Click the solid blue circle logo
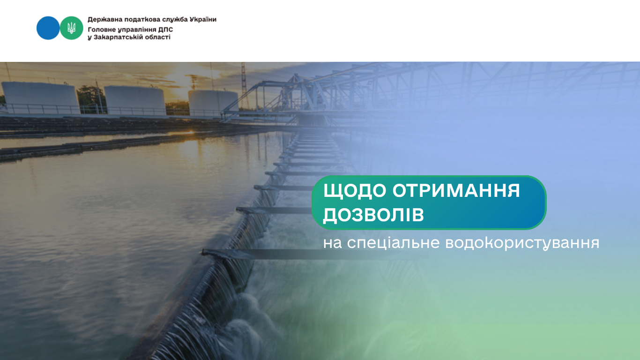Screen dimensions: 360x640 click(x=48, y=28)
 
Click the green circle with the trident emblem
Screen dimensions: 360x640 click(x=72, y=28)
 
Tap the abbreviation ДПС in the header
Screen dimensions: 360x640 click(x=165, y=29)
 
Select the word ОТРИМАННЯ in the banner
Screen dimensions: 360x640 click(x=456, y=191)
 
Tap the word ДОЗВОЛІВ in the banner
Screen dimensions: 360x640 click(x=373, y=215)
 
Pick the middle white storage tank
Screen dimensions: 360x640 click(x=134, y=100)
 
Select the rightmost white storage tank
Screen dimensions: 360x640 click(x=213, y=102)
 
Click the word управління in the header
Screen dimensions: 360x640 click(x=136, y=29)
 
